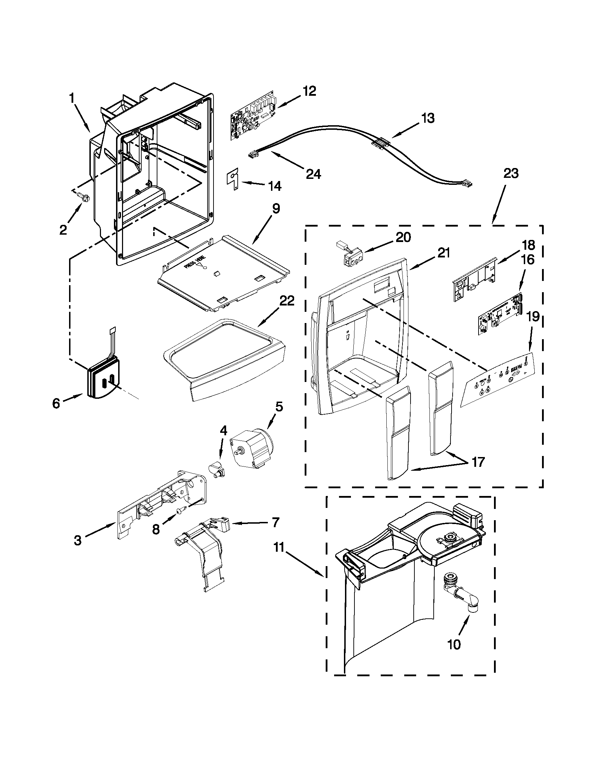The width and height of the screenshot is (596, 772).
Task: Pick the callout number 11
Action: (x=279, y=548)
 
